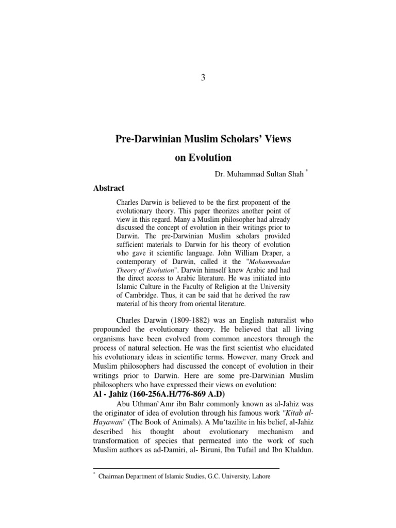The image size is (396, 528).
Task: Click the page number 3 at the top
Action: coord(203,78)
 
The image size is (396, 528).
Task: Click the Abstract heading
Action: coord(109,188)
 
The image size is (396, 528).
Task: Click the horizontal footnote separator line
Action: coord(186,468)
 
